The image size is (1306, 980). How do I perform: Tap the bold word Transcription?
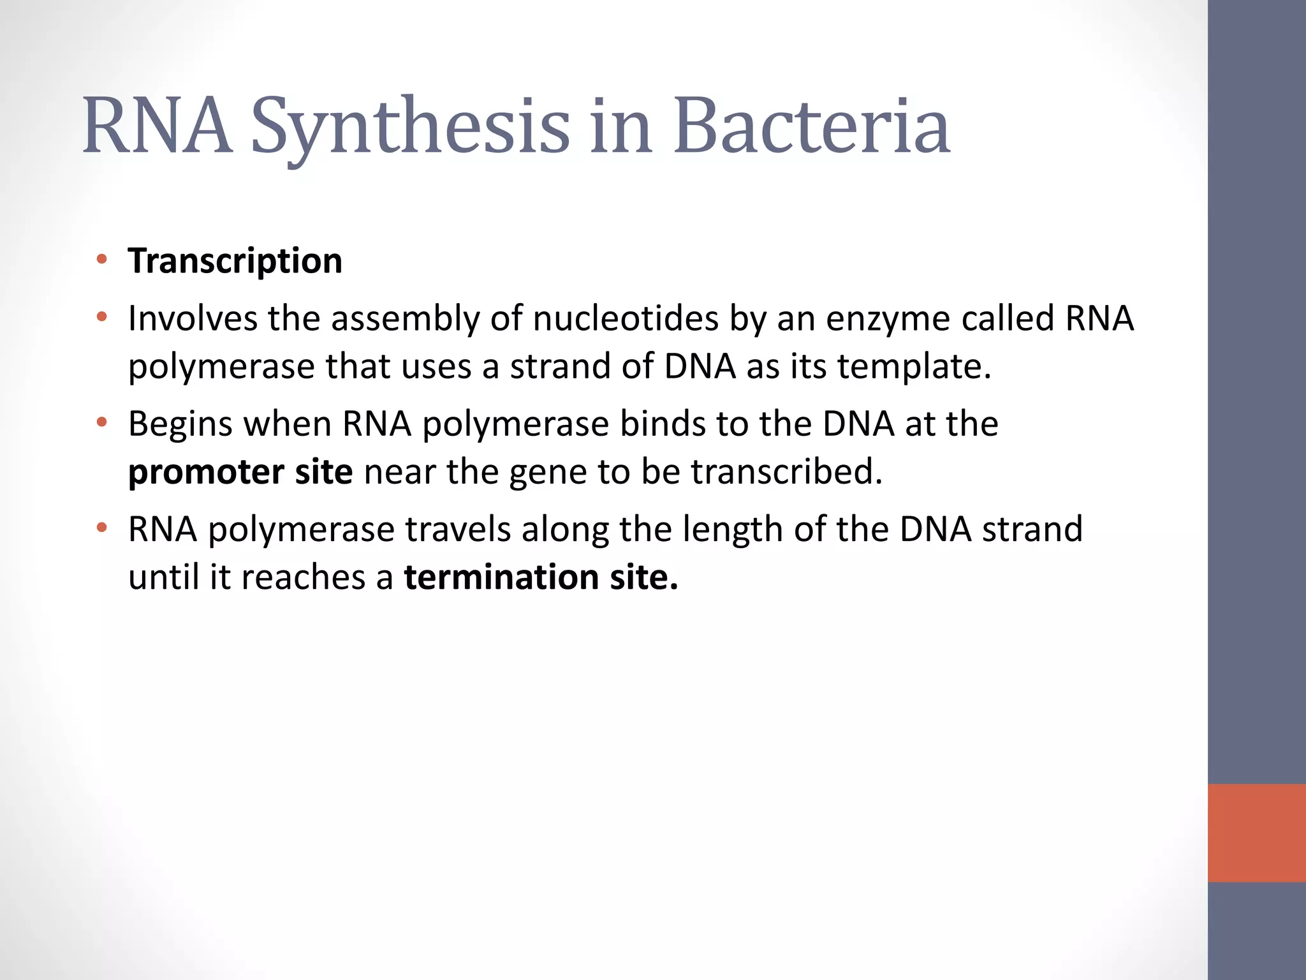[x=235, y=261]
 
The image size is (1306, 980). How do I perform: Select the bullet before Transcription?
[x=101, y=259]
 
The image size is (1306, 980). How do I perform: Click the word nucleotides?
[x=626, y=318]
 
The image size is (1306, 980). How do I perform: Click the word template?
[x=914, y=367]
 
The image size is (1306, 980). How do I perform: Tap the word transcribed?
[x=787, y=471]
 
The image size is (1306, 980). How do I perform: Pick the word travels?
[x=458, y=529]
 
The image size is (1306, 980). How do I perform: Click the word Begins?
[x=180, y=425]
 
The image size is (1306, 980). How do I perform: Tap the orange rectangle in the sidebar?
[x=1256, y=833]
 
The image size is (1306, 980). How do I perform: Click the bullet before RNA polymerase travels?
[x=101, y=528]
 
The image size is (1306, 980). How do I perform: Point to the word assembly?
[x=405, y=319]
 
